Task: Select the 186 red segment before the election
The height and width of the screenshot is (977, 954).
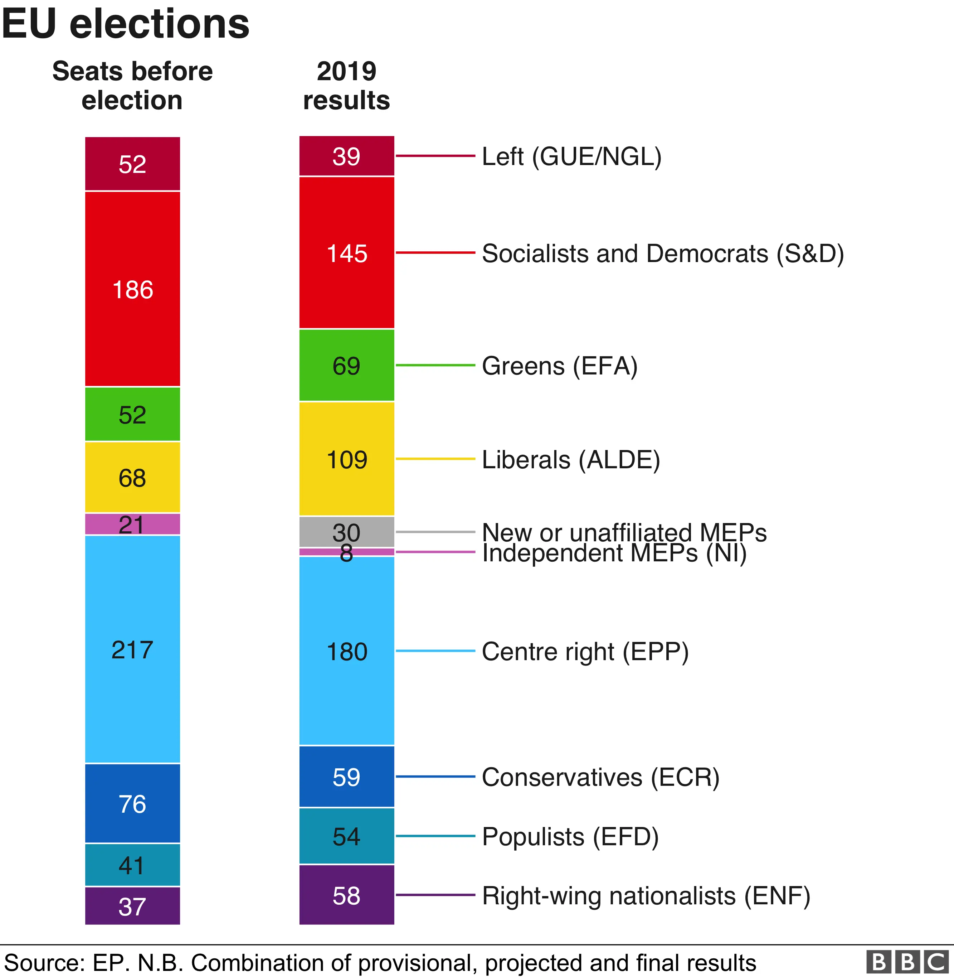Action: point(132,289)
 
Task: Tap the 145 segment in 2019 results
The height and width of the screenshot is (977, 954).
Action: point(347,253)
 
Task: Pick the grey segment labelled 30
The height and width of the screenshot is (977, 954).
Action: point(347,531)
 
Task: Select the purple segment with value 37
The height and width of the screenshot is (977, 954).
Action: point(132,906)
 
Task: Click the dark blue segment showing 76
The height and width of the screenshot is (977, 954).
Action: point(132,804)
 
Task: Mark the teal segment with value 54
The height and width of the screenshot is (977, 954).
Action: point(347,836)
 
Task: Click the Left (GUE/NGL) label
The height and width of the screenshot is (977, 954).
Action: point(571,156)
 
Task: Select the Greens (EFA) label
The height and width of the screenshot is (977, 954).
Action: point(559,366)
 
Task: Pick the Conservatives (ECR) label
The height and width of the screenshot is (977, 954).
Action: point(600,777)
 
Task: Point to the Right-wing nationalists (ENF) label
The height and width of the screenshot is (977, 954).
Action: point(645,896)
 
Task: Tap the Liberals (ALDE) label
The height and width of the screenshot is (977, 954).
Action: point(571,460)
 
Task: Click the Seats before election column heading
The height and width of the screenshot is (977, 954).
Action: point(132,85)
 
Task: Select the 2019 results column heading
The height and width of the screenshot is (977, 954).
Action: point(346,85)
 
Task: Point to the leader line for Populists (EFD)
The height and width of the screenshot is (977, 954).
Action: point(435,836)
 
